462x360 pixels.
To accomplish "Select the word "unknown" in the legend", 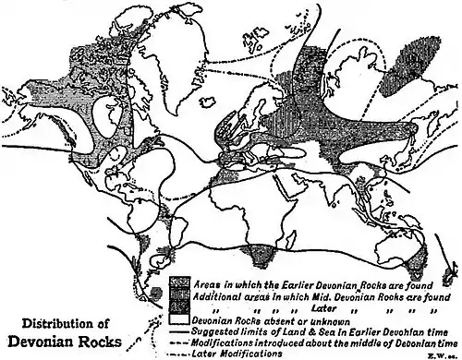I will click(322, 318).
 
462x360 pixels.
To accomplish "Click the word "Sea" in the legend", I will click(332, 330).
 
